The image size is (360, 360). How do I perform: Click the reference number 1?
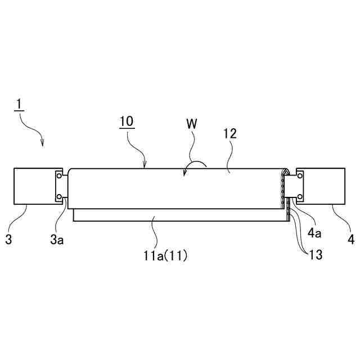pyautogui.click(x=19, y=105)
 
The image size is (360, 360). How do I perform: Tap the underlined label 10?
pyautogui.click(x=127, y=121)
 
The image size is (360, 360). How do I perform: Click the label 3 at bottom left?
pyautogui.click(x=8, y=240)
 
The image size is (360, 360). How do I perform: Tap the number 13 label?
pyautogui.click(x=315, y=255)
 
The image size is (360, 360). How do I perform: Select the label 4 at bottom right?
pyautogui.click(x=351, y=240)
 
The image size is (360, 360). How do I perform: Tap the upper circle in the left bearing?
pyautogui.click(x=58, y=177)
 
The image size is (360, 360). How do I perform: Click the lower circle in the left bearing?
pyautogui.click(x=58, y=196)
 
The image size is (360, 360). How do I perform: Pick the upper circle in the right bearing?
pyautogui.click(x=300, y=177)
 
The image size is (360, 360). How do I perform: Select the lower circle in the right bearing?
pyautogui.click(x=300, y=196)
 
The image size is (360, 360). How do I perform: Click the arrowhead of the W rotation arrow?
pyautogui.click(x=184, y=174)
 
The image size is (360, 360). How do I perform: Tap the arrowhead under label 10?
pyautogui.click(x=145, y=166)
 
